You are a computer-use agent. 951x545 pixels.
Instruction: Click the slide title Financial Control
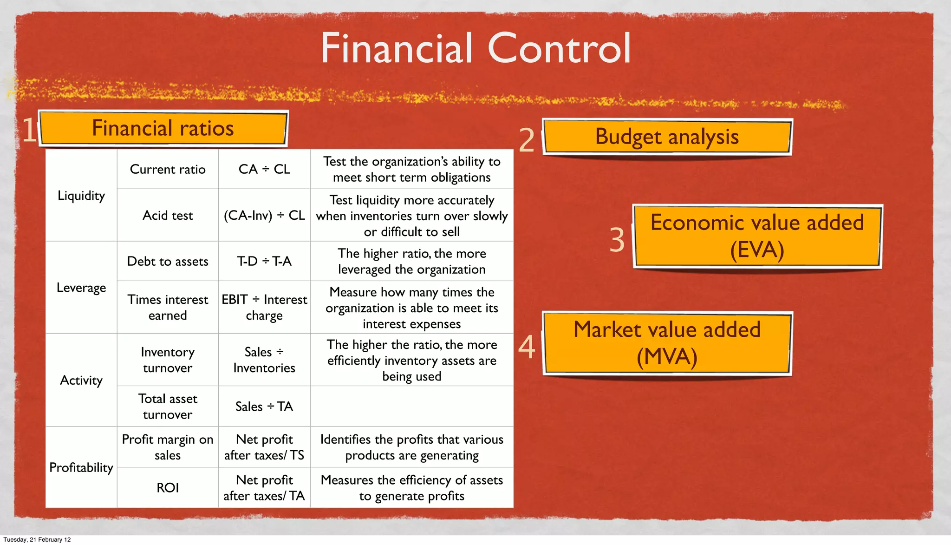[475, 48]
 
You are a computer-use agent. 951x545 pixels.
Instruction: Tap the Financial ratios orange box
[163, 128]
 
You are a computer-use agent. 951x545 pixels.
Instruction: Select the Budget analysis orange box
[667, 137]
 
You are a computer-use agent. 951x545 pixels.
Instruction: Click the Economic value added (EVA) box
[757, 236]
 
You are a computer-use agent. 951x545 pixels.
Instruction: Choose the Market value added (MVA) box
[667, 343]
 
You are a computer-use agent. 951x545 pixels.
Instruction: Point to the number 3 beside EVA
[617, 240]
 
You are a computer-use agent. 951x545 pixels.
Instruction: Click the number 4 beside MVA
[527, 347]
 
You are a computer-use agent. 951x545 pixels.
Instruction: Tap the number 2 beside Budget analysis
[527, 140]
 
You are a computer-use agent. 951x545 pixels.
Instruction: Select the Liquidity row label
[81, 196]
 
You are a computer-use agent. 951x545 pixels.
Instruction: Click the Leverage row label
[81, 288]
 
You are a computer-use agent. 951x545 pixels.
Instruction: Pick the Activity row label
[81, 380]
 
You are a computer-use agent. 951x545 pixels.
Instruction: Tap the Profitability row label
[81, 467]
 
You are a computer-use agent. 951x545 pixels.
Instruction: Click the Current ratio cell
[168, 169]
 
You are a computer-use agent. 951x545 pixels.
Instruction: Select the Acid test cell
[168, 216]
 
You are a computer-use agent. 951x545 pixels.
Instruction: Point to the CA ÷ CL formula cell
[264, 169]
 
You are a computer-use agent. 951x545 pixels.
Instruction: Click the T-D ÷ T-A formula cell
[264, 261]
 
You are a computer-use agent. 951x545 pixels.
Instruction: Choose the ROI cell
[168, 487]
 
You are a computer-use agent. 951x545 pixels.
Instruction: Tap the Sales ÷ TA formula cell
[264, 407]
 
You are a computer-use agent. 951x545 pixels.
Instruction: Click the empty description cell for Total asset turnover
[411, 407]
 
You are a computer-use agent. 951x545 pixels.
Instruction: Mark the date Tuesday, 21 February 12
[37, 539]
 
